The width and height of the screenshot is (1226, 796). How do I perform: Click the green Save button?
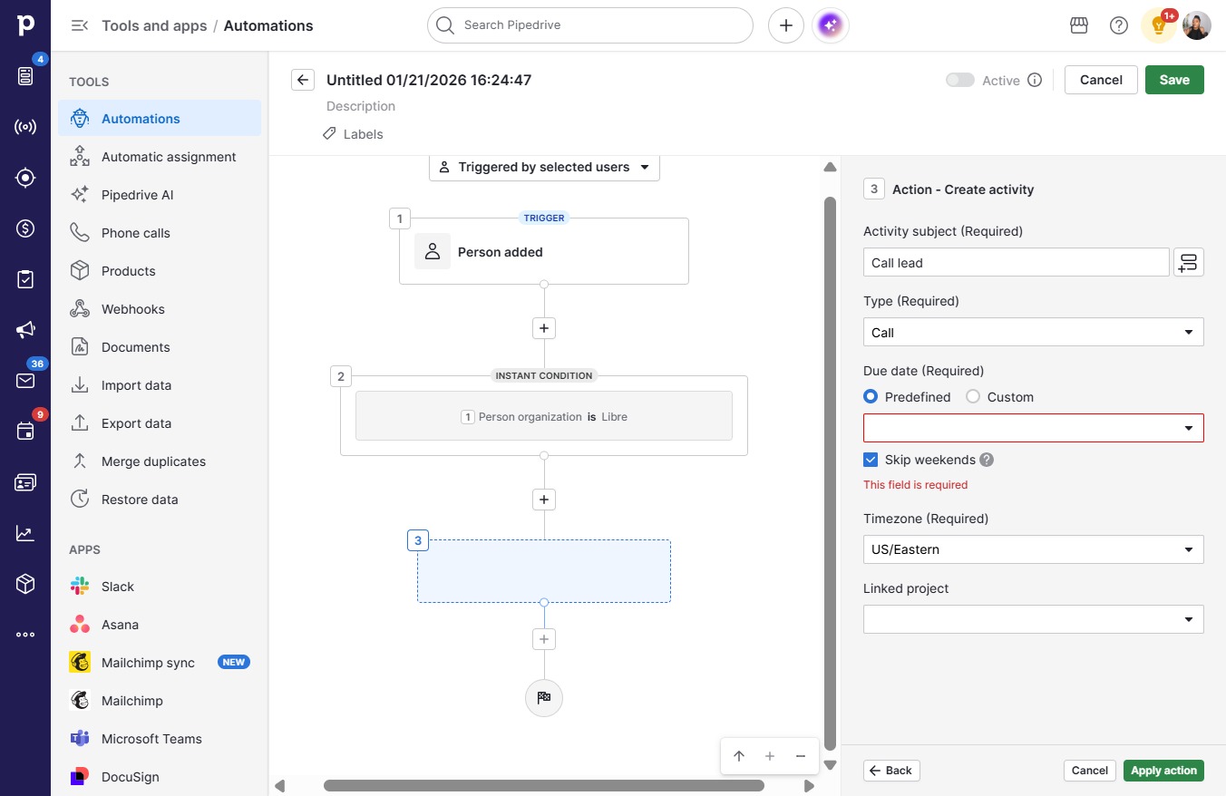tap(1174, 80)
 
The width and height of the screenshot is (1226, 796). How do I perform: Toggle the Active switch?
tap(960, 80)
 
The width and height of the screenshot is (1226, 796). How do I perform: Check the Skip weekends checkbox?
tap(871, 460)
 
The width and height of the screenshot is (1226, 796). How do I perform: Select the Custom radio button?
tap(973, 396)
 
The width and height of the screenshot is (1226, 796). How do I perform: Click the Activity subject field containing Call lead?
tap(1016, 263)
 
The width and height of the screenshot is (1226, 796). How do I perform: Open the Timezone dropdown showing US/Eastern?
tap(1034, 549)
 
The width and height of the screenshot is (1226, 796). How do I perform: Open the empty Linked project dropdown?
tap(1034, 619)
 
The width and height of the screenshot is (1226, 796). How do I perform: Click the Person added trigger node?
tap(544, 252)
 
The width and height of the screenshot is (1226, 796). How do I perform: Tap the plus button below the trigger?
tap(544, 328)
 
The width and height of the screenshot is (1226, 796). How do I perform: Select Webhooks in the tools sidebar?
tap(133, 309)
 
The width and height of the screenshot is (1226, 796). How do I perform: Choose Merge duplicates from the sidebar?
tap(153, 461)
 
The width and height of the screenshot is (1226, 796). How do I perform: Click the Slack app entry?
tap(117, 587)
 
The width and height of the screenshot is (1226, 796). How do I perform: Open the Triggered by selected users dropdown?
tap(544, 167)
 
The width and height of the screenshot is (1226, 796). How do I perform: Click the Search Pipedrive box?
tap(590, 25)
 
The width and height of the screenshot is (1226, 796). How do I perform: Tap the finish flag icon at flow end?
tap(544, 697)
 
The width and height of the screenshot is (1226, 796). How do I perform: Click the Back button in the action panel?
tap(891, 771)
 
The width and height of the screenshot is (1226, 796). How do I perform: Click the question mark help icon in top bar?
tap(1119, 25)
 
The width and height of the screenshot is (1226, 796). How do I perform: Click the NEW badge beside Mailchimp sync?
tap(234, 662)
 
